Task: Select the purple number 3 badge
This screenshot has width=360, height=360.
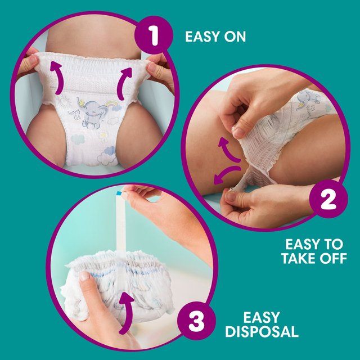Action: pyautogui.click(x=195, y=323)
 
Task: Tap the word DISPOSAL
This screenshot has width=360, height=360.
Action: pyautogui.click(x=262, y=331)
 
